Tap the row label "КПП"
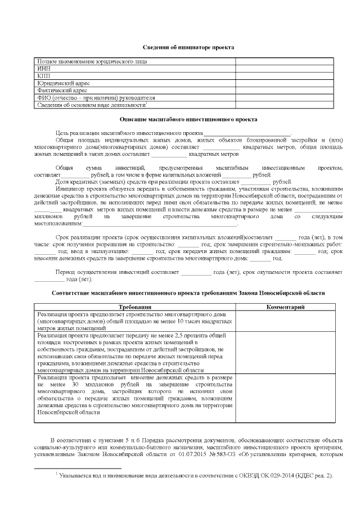point(44,75)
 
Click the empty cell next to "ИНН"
point(281,68)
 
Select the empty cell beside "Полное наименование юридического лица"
point(281,61)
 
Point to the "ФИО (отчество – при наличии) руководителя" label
point(96,97)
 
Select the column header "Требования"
point(135,307)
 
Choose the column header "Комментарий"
point(281,307)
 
